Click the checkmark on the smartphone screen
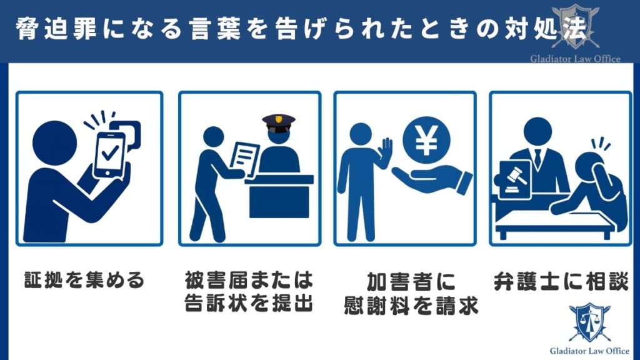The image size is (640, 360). point(110,151)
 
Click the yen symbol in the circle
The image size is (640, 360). point(427,142)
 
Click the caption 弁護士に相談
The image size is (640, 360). point(560,279)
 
